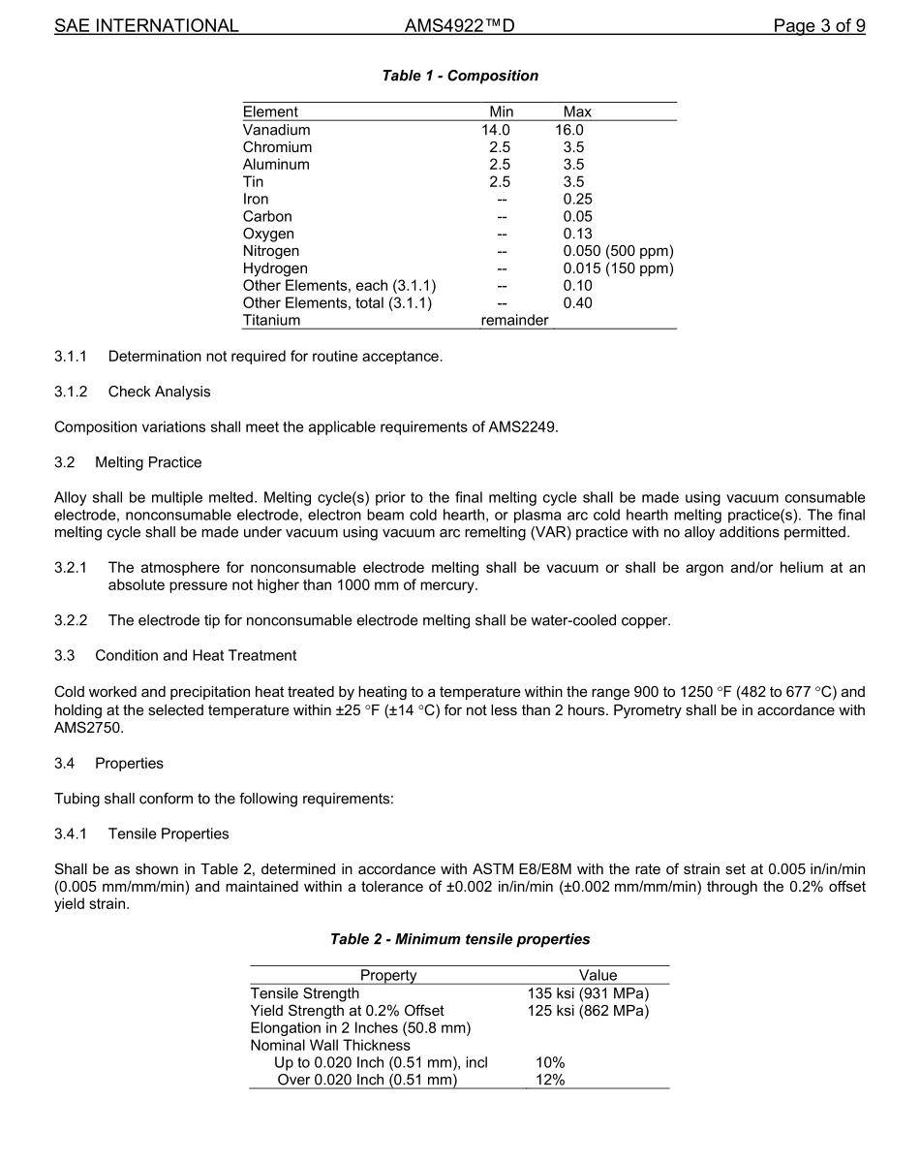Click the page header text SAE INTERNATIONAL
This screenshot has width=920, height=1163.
click(146, 26)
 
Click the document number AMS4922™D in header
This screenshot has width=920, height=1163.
click(459, 26)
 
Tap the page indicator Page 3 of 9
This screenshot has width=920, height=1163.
click(819, 26)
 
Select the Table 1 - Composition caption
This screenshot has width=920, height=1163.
click(460, 76)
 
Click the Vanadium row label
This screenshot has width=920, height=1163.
click(277, 130)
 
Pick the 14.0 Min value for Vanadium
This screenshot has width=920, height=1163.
click(496, 130)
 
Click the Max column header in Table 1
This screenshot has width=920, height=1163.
click(577, 112)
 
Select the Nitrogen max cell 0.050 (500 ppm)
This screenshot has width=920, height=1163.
click(618, 251)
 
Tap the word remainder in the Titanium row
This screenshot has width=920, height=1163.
click(514, 321)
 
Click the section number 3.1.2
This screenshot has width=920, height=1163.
click(71, 392)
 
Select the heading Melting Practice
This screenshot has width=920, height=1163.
click(148, 461)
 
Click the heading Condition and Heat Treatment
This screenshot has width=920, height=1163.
click(196, 655)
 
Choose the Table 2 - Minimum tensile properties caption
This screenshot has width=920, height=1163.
click(460, 939)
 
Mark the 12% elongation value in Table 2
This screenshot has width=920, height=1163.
click(550, 1081)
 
